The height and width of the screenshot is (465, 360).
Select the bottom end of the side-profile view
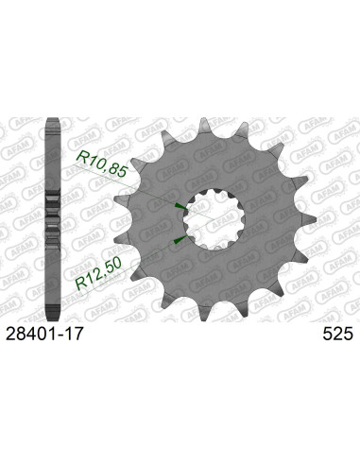coord(55,319)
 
